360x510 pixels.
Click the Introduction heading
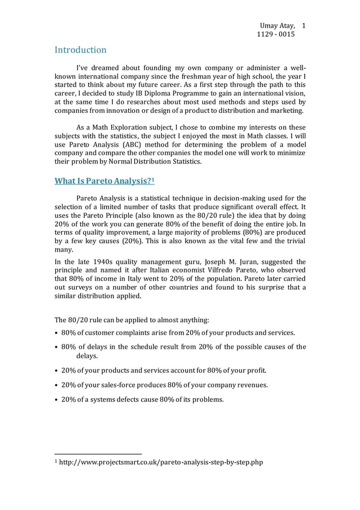click(80, 50)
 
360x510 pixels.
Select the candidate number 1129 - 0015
click(275, 35)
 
